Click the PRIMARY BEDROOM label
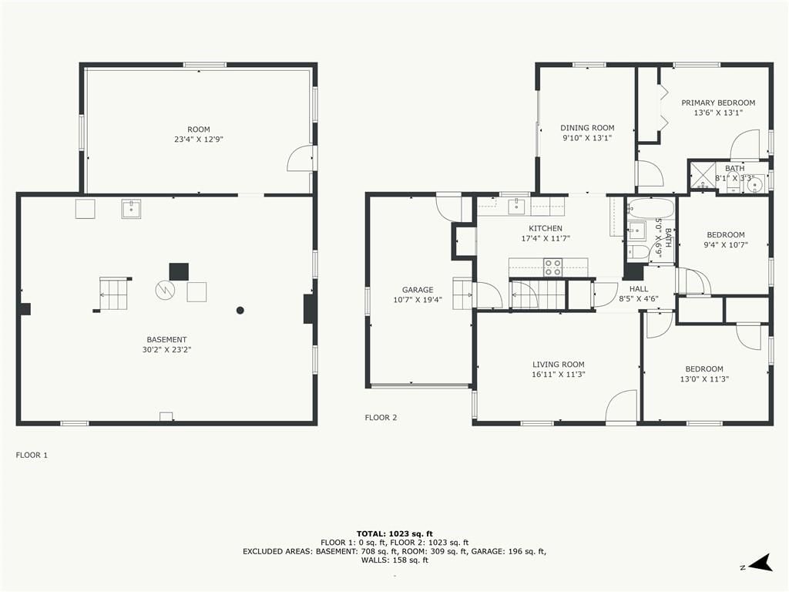click(x=718, y=103)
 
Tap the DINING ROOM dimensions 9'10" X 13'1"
click(x=587, y=138)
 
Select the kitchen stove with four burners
click(x=553, y=267)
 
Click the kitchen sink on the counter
click(x=517, y=207)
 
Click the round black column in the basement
click(x=240, y=310)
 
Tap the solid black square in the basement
click(x=179, y=272)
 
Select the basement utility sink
click(x=131, y=208)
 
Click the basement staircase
click(x=114, y=294)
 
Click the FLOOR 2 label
click(x=381, y=417)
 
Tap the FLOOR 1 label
click(x=32, y=455)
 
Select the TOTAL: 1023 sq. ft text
click(x=394, y=533)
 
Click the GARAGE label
click(x=418, y=290)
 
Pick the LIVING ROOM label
click(x=559, y=365)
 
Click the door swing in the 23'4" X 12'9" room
click(x=300, y=158)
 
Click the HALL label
click(x=639, y=289)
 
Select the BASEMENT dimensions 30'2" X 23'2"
click(x=166, y=349)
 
